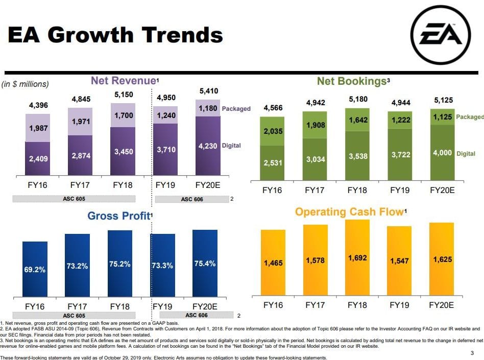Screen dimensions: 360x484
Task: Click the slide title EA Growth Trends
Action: click(x=115, y=35)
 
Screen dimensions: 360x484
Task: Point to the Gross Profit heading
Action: click(x=119, y=216)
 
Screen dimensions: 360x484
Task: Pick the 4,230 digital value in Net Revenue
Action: click(x=207, y=147)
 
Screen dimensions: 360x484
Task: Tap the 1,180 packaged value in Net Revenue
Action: click(x=207, y=108)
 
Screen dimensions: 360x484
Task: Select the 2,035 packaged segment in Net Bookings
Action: click(x=272, y=131)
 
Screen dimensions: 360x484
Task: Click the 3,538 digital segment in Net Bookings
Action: click(x=357, y=157)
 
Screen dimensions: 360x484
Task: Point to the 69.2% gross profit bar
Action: click(x=35, y=269)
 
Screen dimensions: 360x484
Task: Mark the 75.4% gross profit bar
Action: click(x=205, y=263)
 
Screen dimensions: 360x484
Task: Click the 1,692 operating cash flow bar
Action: click(x=357, y=258)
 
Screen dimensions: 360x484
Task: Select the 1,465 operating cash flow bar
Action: click(x=273, y=263)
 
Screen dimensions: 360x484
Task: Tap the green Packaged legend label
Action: click(x=470, y=117)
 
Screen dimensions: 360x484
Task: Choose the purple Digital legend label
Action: click(x=231, y=146)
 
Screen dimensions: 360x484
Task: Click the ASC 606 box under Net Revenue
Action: click(x=192, y=199)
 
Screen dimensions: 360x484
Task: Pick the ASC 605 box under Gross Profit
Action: click(x=74, y=316)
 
